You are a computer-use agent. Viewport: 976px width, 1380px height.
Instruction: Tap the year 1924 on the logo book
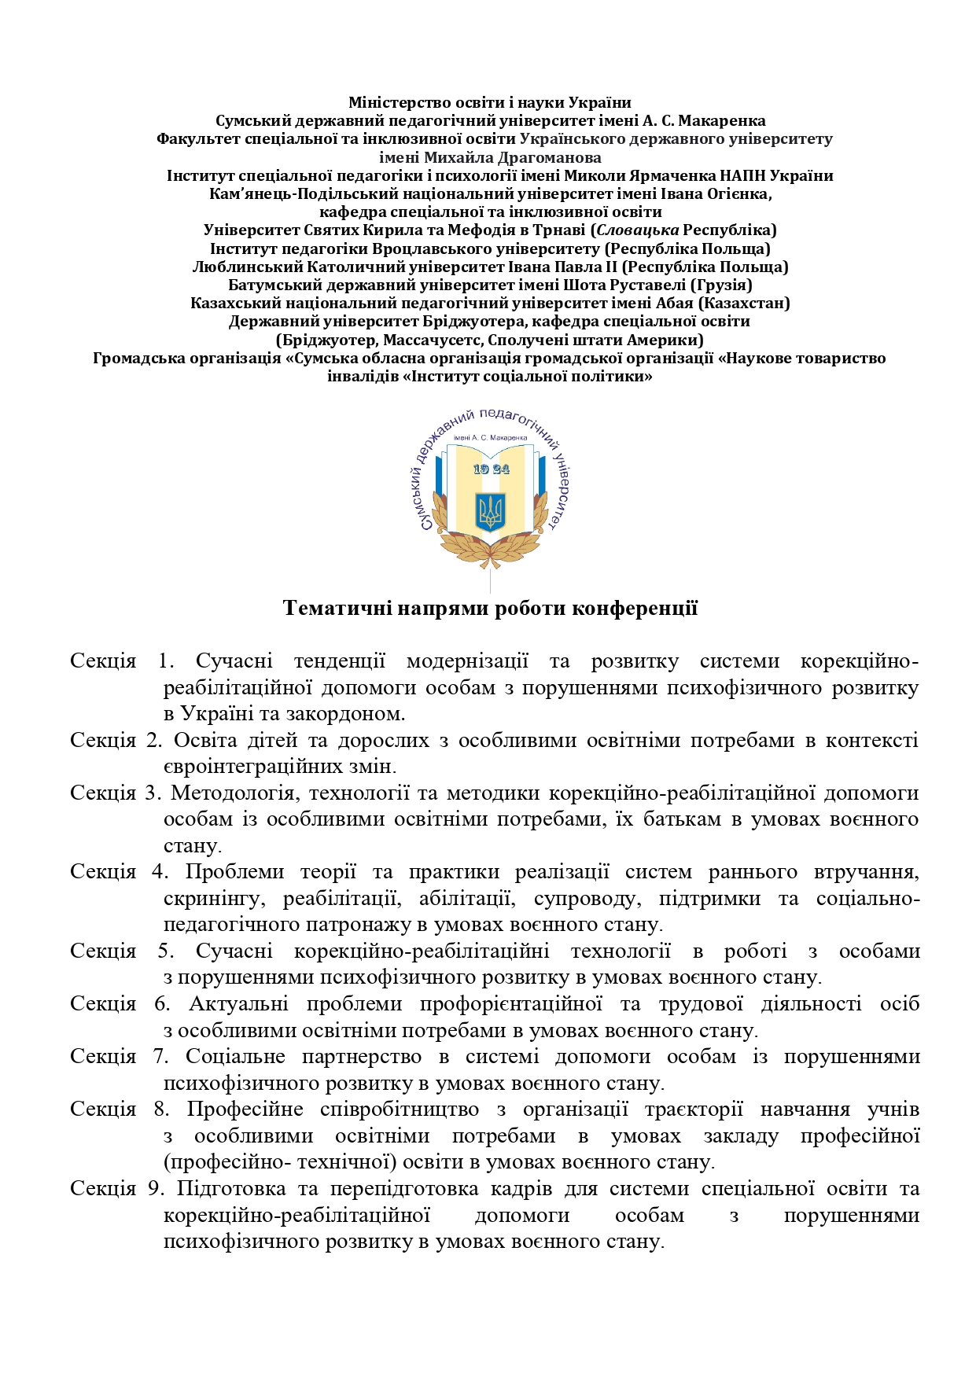492,469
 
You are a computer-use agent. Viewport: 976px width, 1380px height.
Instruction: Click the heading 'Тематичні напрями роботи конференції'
490,608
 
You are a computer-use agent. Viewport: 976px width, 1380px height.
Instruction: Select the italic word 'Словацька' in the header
638,230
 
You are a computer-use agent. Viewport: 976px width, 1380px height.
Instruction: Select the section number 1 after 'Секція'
165,661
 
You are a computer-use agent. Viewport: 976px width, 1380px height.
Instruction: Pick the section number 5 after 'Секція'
165,951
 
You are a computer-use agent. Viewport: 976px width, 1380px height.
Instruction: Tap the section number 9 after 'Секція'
154,1188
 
